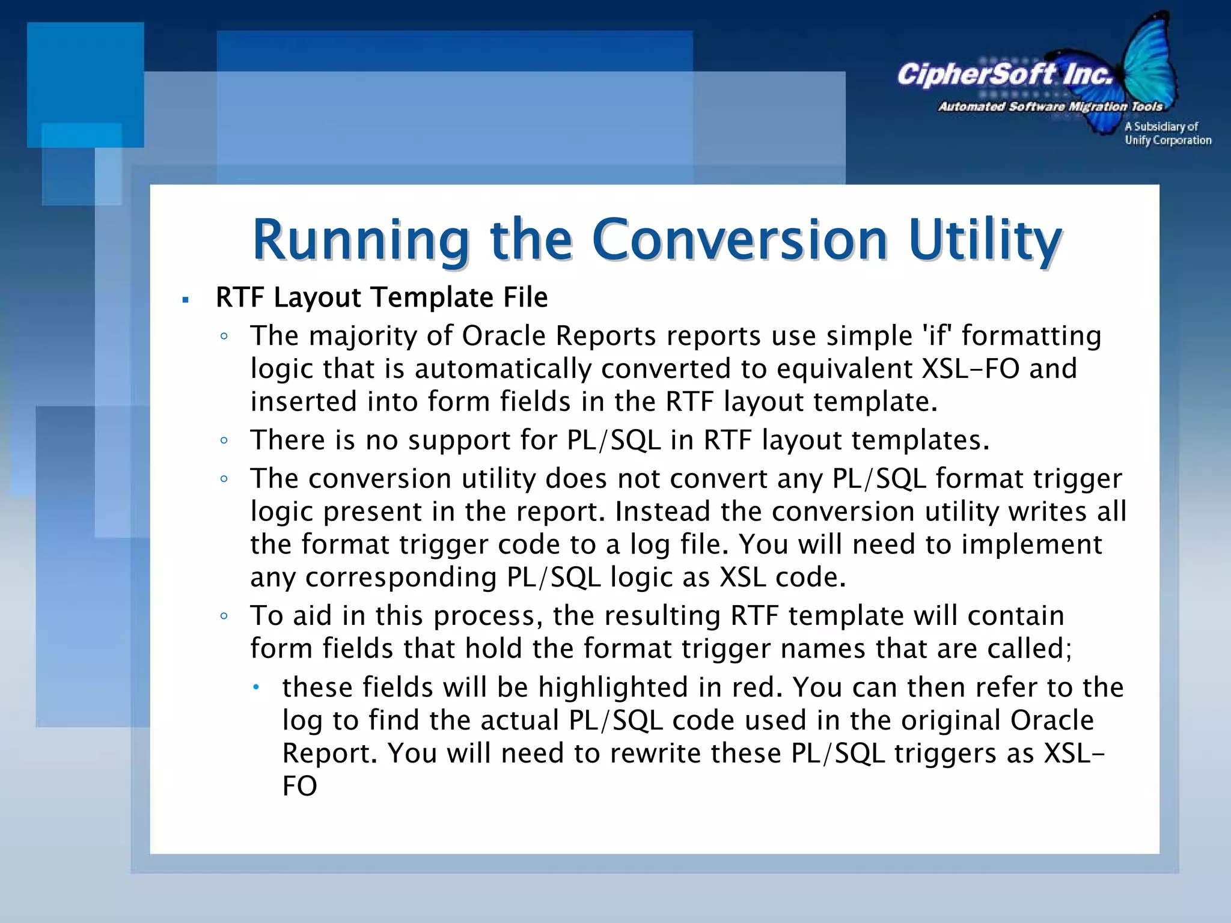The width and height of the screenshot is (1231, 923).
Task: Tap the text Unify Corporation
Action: [1168, 141]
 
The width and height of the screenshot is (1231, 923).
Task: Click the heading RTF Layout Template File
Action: [382, 297]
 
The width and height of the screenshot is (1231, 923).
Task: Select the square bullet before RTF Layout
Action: [186, 299]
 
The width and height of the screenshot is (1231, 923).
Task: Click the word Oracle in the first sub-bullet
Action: [503, 335]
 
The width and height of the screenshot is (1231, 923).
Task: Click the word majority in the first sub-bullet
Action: [362, 337]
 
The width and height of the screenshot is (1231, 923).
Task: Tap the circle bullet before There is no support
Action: [224, 441]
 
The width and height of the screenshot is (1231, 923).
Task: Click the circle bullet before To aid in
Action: [224, 617]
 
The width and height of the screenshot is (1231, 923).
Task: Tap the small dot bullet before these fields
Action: [255, 687]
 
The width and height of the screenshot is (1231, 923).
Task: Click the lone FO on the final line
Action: [299, 786]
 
